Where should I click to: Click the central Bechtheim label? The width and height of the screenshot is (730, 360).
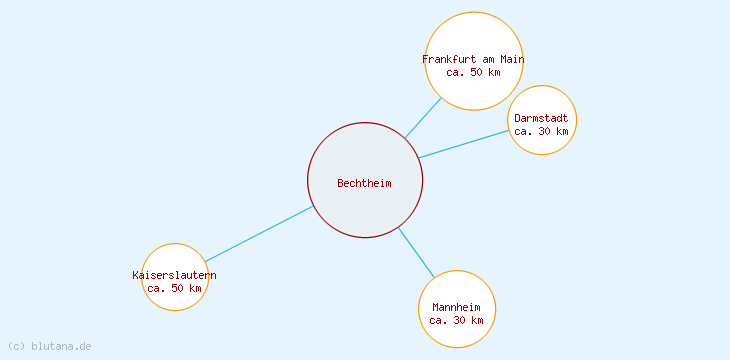[x=364, y=183]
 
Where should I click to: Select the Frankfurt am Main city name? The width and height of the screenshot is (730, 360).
[x=473, y=59]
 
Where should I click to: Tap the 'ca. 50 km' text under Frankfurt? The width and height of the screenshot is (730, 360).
[x=473, y=72]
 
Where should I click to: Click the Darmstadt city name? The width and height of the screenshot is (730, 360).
[x=541, y=118]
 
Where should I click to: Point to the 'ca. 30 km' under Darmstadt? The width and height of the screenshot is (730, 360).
[x=541, y=131]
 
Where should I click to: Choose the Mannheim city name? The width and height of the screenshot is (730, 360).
[x=456, y=307]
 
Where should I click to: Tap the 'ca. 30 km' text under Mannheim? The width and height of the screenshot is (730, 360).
[x=456, y=320]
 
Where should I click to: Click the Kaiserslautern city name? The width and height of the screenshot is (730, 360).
[x=174, y=275]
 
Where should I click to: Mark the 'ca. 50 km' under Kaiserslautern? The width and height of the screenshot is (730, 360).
[x=174, y=288]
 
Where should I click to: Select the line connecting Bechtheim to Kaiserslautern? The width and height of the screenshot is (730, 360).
[x=259, y=234]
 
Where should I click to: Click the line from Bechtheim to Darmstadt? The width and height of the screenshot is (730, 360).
[x=464, y=144]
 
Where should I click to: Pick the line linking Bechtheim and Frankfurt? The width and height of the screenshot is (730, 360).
[x=422, y=118]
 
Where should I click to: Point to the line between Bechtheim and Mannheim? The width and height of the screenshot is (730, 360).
[x=416, y=252]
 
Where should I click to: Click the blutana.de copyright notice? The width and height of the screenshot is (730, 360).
[x=49, y=346]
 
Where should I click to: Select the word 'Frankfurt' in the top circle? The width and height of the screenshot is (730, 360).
[x=449, y=59]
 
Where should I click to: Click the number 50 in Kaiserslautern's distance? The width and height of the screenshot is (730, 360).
[x=177, y=288]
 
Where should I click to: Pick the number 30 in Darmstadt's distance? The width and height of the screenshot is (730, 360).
[x=544, y=131]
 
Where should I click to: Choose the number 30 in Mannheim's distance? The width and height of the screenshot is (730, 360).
[x=459, y=320]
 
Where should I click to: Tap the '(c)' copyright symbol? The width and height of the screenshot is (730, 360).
[x=16, y=346]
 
